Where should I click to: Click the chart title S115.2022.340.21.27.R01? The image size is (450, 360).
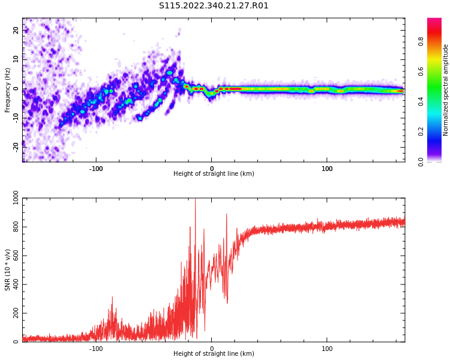(x=214, y=6)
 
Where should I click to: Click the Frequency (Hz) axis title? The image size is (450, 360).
(x=8, y=90)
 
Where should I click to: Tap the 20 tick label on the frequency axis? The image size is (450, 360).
(x=16, y=30)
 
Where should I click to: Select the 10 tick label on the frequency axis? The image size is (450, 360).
(x=16, y=59)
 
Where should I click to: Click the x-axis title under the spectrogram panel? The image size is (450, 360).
(x=214, y=174)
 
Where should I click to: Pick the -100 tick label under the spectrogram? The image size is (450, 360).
(x=96, y=168)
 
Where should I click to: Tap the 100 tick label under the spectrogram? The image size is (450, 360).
(x=327, y=168)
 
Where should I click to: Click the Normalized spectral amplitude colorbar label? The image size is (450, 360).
(x=446, y=90)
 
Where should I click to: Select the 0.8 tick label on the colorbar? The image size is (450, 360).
(x=437, y=41)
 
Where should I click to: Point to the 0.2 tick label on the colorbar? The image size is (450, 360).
(x=437, y=131)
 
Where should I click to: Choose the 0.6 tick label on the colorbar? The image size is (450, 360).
(x=437, y=71)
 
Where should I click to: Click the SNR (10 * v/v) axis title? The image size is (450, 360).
(x=8, y=270)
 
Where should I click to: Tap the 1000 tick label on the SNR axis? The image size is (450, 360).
(x=12, y=199)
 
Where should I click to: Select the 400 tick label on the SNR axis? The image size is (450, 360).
(x=13, y=285)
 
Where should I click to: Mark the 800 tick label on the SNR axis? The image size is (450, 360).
(x=13, y=228)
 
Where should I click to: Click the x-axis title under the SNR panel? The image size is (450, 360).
(x=214, y=354)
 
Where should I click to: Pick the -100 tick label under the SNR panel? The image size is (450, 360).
(x=96, y=348)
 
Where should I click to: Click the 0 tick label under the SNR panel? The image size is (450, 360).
(x=212, y=348)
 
